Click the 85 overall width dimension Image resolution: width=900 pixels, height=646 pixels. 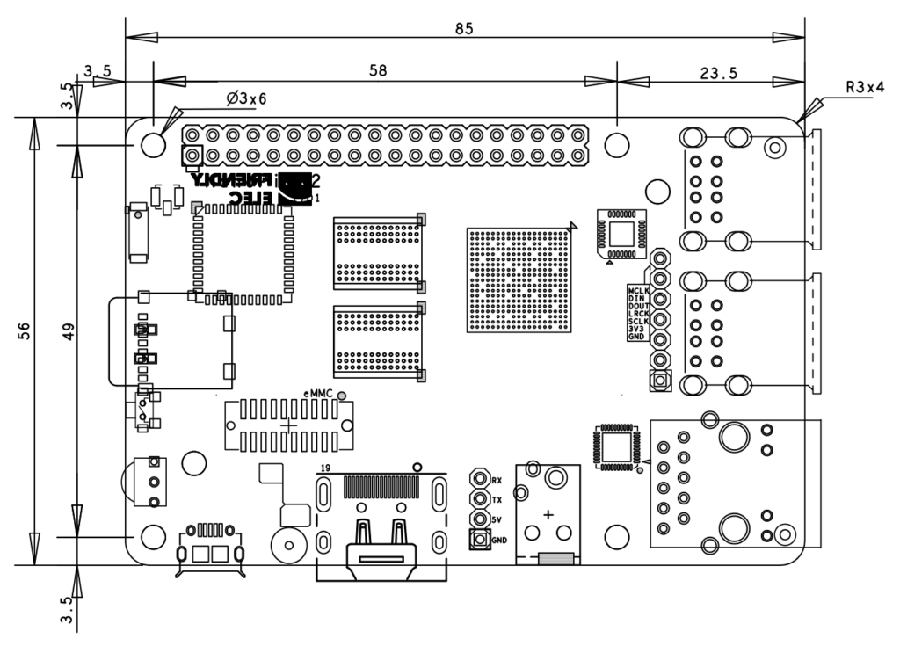pyautogui.click(x=464, y=28)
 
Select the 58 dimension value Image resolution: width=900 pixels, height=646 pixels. pyautogui.click(x=378, y=71)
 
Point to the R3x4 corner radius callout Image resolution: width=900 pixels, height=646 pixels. pyautogui.click(x=863, y=88)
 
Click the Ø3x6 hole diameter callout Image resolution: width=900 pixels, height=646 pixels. pyautogui.click(x=245, y=98)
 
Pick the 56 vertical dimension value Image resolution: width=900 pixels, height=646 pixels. pyautogui.click(x=25, y=330)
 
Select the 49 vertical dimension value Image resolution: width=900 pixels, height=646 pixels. pyautogui.click(x=68, y=330)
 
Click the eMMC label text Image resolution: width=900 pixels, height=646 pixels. pyautogui.click(x=318, y=395)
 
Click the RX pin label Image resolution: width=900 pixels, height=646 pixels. pyautogui.click(x=497, y=480)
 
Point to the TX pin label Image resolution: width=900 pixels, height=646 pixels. pyautogui.click(x=497, y=499)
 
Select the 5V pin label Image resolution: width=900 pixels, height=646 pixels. pyautogui.click(x=497, y=519)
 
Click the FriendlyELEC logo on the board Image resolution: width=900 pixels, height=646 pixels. pyautogui.click(x=255, y=189)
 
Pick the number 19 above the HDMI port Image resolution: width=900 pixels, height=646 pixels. pyautogui.click(x=325, y=467)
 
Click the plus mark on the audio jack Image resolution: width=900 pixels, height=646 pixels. pyautogui.click(x=549, y=513)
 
